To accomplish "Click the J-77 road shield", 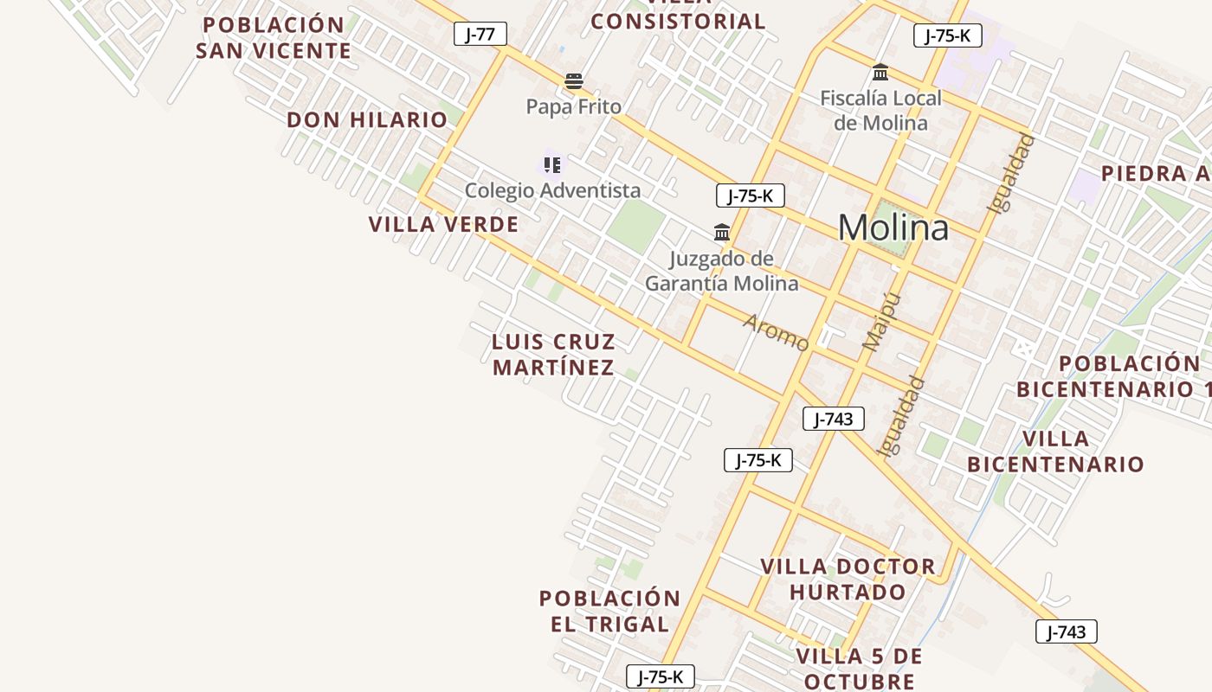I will pos(480,35).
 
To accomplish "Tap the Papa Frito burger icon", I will pos(573,82).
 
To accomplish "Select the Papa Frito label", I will pos(574,107).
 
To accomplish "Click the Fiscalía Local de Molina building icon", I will pos(880,73).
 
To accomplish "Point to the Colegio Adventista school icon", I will pos(551,164).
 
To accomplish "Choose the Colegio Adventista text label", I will pos(552,190).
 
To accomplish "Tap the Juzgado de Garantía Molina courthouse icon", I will pos(722,232).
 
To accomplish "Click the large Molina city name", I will pos(893,228).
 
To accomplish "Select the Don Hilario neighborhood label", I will pos(367,120).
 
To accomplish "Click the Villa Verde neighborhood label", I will pos(443,225).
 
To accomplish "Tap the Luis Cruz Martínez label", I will pos(553,355).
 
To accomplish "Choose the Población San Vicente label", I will pos(274,38).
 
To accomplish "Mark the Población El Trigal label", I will pos(609,611).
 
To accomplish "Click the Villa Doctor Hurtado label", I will pos(848,580).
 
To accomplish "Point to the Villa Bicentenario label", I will pos(1055,452).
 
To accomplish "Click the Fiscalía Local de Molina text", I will pos(880,111).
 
